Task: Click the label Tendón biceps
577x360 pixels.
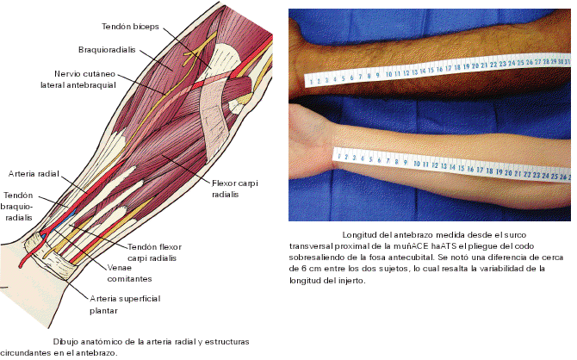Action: pyautogui.click(x=130, y=26)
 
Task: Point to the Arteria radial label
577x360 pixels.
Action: pyautogui.click(x=33, y=173)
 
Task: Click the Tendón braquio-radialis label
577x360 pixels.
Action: pyautogui.click(x=20, y=207)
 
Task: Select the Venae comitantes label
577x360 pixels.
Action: pyautogui.click(x=130, y=274)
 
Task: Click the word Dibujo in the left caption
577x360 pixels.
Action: pyautogui.click(x=66, y=342)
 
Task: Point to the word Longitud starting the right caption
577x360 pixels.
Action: pyautogui.click(x=360, y=234)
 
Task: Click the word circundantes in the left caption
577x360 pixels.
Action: pyautogui.click(x=23, y=352)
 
